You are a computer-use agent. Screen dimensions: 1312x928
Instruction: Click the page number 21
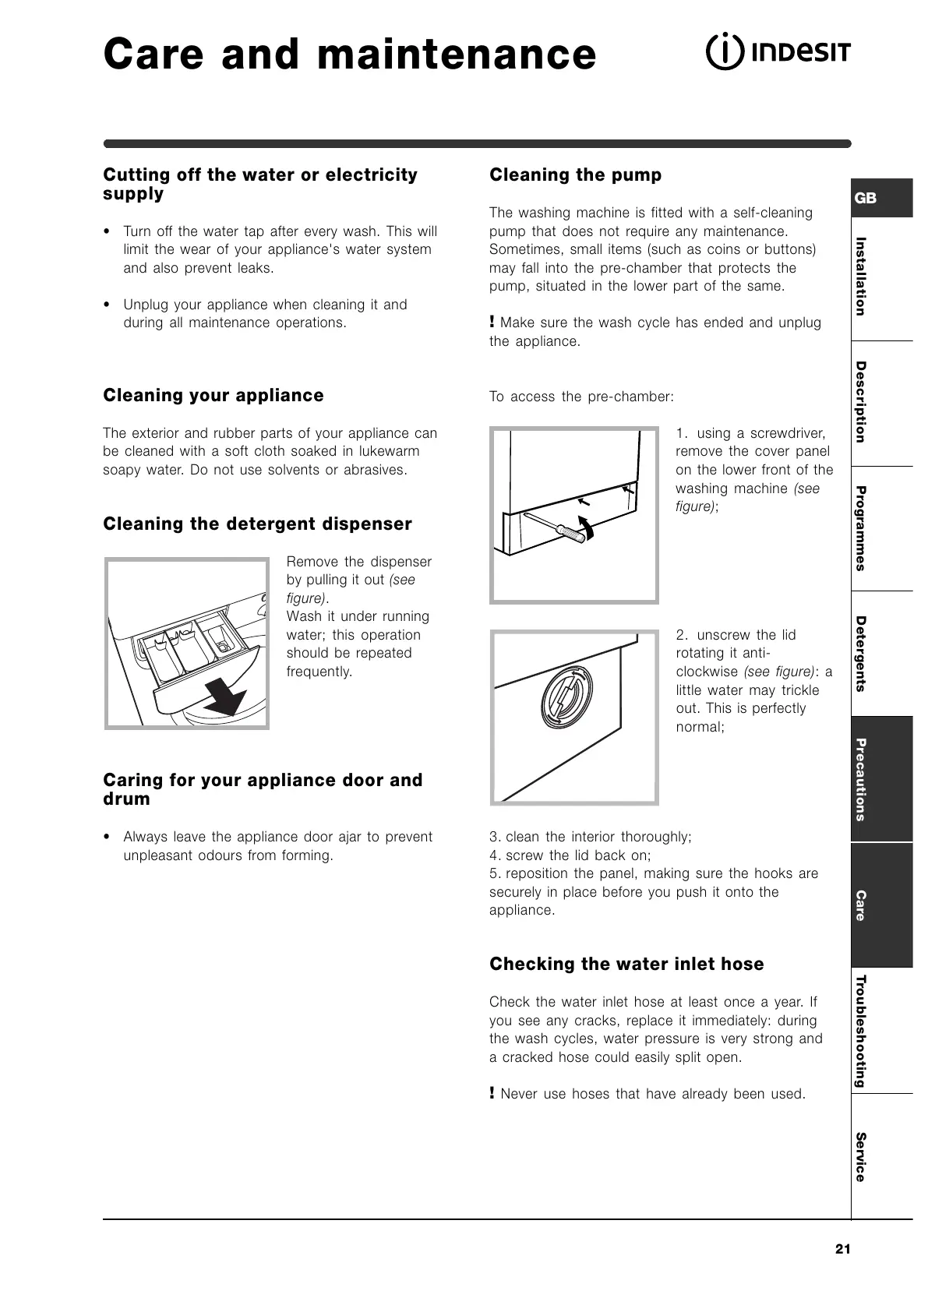coord(842,1250)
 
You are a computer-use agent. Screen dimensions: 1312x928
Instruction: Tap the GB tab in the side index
coord(866,198)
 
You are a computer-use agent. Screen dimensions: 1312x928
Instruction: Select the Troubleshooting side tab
coord(861,1030)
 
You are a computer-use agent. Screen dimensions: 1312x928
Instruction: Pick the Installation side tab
coord(861,276)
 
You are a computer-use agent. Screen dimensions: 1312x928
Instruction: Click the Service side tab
coord(861,1156)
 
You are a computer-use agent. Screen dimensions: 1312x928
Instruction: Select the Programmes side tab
coord(861,528)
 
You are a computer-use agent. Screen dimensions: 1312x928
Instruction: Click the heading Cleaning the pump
coord(575,175)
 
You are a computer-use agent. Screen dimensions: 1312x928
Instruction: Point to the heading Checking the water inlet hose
coord(626,965)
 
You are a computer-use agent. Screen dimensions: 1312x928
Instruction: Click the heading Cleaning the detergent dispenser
coord(257,524)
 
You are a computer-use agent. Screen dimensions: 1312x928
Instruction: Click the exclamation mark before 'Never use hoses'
coord(492,1093)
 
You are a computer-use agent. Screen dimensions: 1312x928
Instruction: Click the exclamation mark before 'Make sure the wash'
coord(492,322)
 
